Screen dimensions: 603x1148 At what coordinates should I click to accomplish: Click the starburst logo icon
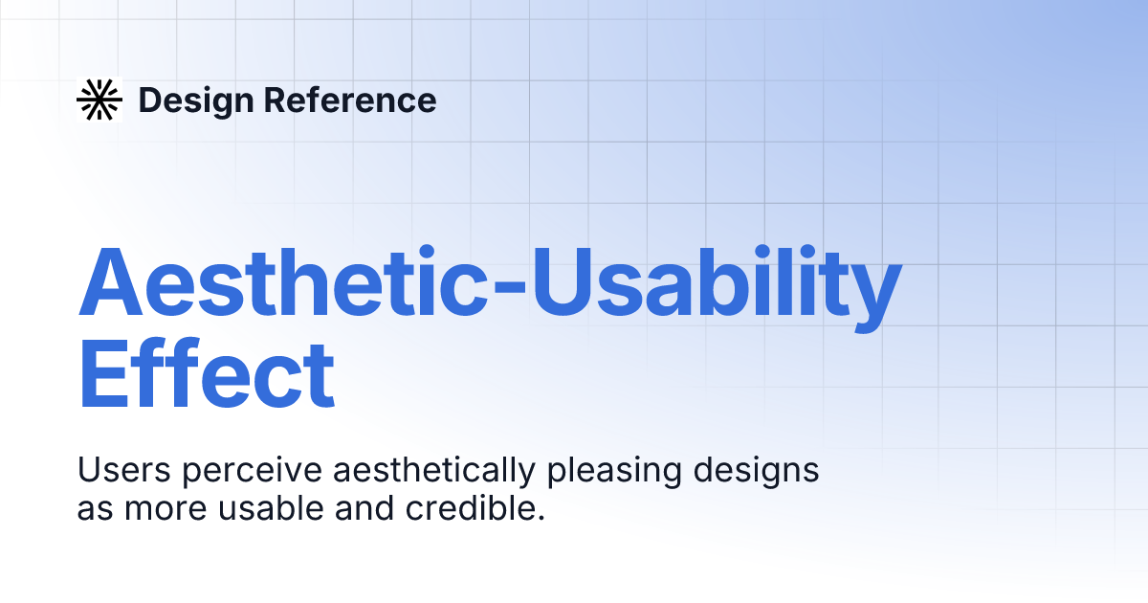[99, 100]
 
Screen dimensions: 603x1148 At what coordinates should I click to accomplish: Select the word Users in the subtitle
[121, 472]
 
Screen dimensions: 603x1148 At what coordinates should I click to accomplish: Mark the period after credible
[541, 518]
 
